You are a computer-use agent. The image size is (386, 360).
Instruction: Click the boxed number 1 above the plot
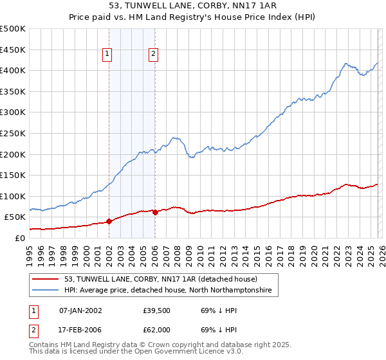click(x=107, y=55)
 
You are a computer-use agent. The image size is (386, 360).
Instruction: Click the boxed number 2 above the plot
click(x=154, y=55)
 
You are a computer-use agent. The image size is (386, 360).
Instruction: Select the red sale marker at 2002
click(x=109, y=221)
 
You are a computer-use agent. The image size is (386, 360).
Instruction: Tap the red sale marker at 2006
click(x=155, y=212)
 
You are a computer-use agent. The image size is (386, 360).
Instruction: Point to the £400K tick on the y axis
click(x=13, y=71)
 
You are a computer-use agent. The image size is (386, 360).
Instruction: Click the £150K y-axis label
click(x=13, y=175)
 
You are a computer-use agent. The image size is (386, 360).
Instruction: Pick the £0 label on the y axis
click(x=19, y=238)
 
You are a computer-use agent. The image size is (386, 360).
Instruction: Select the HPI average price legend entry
click(x=168, y=291)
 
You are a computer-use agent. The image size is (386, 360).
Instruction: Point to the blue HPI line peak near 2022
click(x=346, y=64)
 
